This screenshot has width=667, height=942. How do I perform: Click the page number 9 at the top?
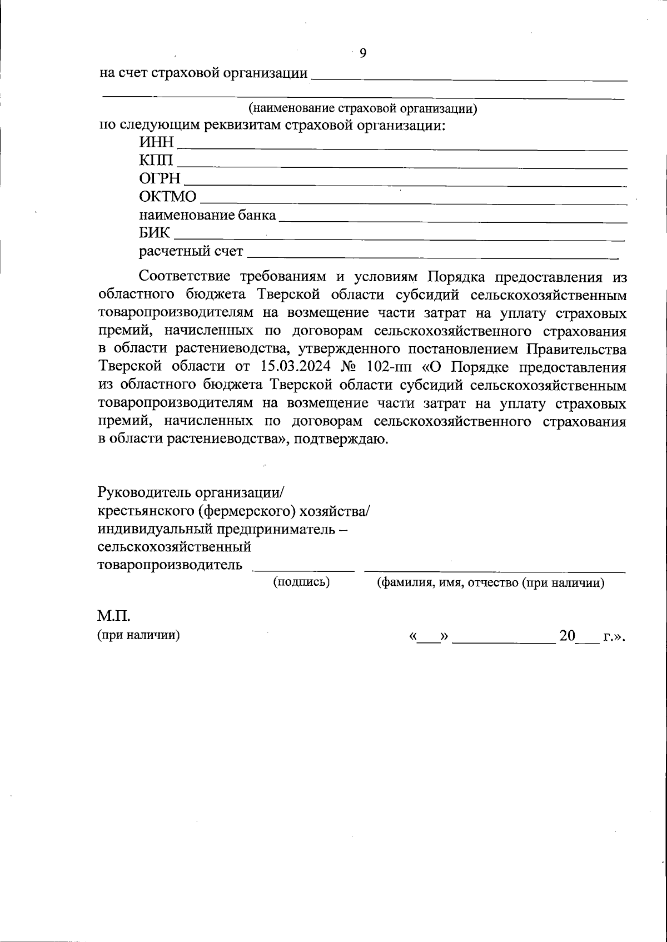(363, 53)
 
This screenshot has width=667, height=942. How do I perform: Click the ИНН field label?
(156, 143)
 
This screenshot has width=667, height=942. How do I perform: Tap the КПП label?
(156, 161)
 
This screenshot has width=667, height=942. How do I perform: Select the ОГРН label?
(160, 179)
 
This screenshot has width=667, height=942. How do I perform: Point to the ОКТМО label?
(168, 197)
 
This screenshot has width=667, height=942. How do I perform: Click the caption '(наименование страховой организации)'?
(362, 108)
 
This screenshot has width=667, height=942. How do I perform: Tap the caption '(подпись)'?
(301, 582)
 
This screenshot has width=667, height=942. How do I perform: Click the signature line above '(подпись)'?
(303, 570)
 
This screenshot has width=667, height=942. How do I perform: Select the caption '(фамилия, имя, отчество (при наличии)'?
(491, 583)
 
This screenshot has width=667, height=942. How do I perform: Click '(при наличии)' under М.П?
(139, 635)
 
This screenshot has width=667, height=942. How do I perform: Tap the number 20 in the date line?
(568, 636)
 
